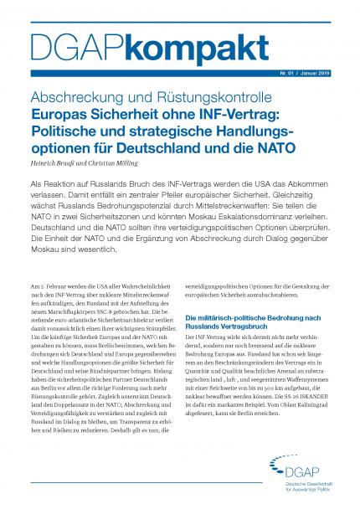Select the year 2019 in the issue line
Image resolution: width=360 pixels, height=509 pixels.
click(x=326, y=74)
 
